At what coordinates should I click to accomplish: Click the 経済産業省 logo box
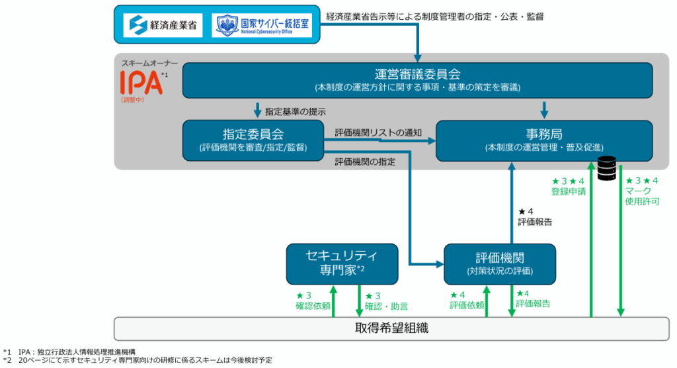coord(163,25)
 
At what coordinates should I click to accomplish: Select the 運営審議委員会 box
coord(417,79)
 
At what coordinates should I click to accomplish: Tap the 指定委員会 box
coord(253,140)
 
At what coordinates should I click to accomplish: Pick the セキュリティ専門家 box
coord(342,262)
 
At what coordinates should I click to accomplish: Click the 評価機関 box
coord(500,263)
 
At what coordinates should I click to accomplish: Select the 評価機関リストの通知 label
coord(378,132)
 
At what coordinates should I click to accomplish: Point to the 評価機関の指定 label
coord(365,161)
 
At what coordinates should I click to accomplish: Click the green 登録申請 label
coord(568,191)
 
